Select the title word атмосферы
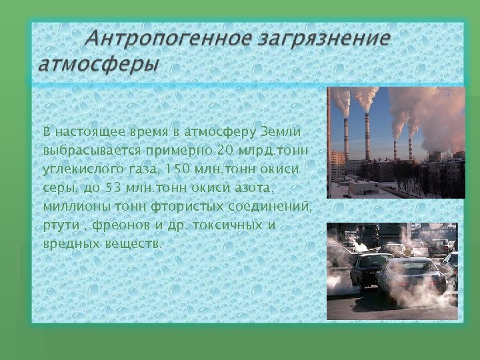(99, 65)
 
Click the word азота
(250, 188)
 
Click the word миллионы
(75, 206)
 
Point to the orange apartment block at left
(337, 167)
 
